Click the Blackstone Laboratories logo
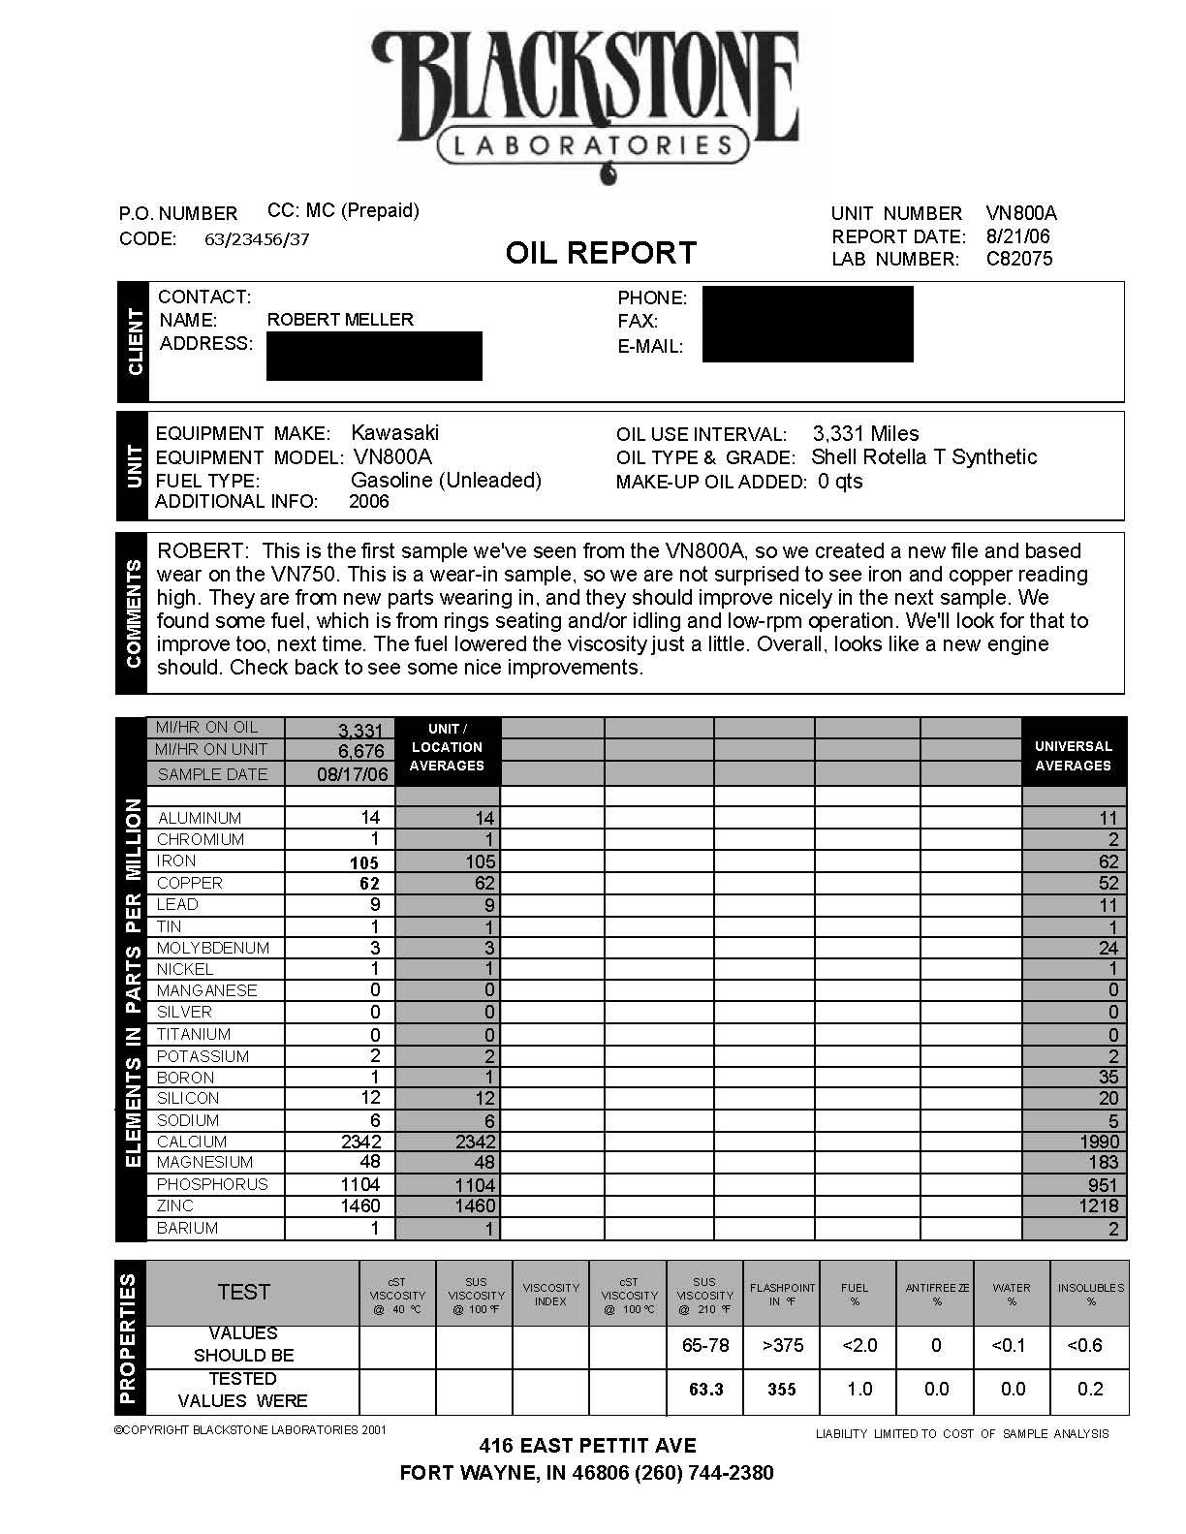[586, 97]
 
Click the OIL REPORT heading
[601, 253]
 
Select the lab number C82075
[1018, 259]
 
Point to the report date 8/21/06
[1017, 236]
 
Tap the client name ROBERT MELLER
[340, 320]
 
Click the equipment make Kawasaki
[394, 433]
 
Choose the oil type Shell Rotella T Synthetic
[923, 457]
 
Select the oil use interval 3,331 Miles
[865, 434]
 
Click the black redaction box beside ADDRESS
[374, 356]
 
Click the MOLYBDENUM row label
[213, 948]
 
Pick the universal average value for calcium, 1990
[1099, 1142]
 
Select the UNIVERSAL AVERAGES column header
[1073, 756]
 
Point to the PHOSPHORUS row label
[212, 1184]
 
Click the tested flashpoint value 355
[781, 1390]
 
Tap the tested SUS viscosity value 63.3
[705, 1390]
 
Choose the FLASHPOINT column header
[782, 1295]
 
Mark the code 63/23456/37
[257, 239]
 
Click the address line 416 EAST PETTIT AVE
[587, 1446]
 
